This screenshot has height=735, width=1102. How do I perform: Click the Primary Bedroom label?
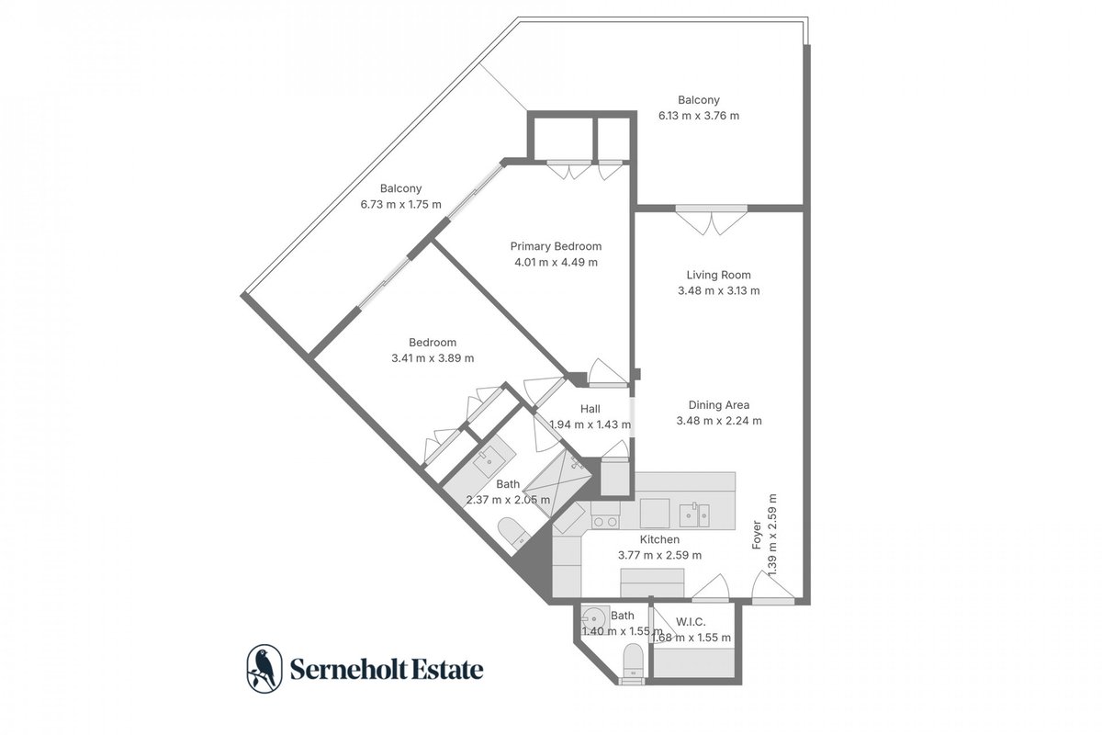click(556, 246)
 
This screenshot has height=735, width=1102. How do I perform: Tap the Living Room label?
click(718, 275)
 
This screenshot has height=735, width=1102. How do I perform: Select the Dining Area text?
click(719, 404)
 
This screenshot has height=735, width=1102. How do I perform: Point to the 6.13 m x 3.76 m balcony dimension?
click(699, 116)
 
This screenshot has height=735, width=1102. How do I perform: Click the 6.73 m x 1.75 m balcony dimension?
click(400, 204)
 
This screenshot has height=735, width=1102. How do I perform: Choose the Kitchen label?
click(659, 539)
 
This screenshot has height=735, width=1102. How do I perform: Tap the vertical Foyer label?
click(757, 535)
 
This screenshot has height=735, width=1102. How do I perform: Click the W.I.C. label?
click(691, 622)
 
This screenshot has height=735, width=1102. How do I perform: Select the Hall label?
click(590, 409)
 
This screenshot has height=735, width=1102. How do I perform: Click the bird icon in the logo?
click(264, 669)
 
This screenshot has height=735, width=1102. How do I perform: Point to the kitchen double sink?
click(694, 514)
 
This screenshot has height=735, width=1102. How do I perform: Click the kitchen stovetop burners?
click(605, 521)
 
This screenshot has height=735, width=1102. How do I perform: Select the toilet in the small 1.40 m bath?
click(633, 661)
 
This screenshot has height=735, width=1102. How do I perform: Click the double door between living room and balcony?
click(712, 220)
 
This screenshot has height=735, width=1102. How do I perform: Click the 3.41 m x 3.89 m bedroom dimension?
click(433, 358)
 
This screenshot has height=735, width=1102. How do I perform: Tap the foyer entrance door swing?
click(773, 586)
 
